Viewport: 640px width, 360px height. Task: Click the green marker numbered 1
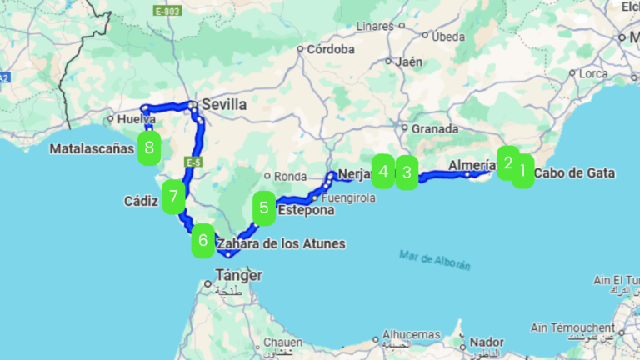pos(522,172)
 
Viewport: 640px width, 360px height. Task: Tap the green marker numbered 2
pos(507,162)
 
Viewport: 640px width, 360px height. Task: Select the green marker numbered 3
pos(406,173)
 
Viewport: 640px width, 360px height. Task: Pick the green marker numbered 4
pos(383,172)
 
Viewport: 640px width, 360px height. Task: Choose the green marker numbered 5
pos(264,209)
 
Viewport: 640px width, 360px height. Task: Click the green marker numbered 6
pos(202,242)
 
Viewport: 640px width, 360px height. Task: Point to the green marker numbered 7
pos(173,197)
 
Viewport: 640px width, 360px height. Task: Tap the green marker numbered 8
pos(149,148)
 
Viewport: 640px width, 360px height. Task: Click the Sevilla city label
pos(223,106)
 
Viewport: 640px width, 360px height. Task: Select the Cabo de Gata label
pos(574,173)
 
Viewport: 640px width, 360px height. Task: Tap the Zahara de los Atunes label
pos(281,243)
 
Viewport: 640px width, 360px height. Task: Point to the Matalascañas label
pos(92,149)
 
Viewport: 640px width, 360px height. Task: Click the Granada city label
pos(435,129)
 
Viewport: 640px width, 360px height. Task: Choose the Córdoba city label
pos(331,49)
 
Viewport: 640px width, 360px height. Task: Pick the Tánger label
pos(239,275)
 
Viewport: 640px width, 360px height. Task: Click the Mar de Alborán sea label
pos(435,259)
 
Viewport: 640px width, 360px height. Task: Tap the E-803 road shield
pos(167,12)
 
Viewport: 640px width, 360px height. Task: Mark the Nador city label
pos(487,342)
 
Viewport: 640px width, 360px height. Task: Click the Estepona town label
pos(307,211)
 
